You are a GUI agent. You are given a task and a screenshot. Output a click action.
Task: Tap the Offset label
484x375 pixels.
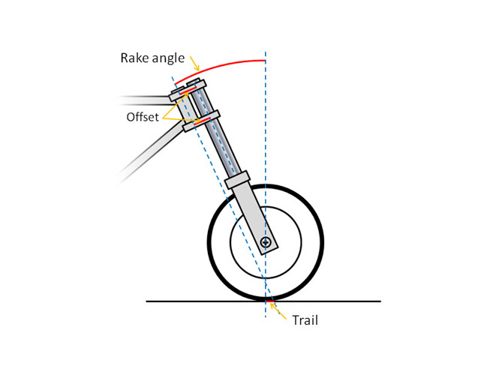(x=143, y=117)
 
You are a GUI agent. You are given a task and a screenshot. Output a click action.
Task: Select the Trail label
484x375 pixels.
(x=305, y=320)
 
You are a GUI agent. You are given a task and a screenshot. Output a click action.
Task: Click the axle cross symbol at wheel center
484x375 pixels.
(x=266, y=242)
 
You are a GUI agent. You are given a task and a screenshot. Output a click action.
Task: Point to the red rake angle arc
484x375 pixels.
(x=216, y=66)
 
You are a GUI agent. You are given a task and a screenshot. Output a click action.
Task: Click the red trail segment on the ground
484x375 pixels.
(x=270, y=301)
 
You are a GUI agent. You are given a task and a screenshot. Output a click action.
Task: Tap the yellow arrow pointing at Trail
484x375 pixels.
(x=278, y=311)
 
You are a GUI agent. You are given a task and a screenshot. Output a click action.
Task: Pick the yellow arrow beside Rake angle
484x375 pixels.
(x=195, y=63)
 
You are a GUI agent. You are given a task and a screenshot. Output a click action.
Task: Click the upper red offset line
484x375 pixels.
(x=188, y=91)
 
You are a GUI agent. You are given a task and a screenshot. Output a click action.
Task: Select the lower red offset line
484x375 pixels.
(x=202, y=121)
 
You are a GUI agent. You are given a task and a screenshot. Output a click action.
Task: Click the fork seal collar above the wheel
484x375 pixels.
(x=237, y=179)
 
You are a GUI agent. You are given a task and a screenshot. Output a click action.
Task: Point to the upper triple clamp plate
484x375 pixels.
(x=188, y=90)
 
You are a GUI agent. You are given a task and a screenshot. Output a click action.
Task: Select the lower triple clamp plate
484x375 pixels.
(x=201, y=121)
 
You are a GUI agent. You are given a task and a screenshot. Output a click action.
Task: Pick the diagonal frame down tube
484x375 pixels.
(x=150, y=153)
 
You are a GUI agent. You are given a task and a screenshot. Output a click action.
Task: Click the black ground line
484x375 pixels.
(x=263, y=301)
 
